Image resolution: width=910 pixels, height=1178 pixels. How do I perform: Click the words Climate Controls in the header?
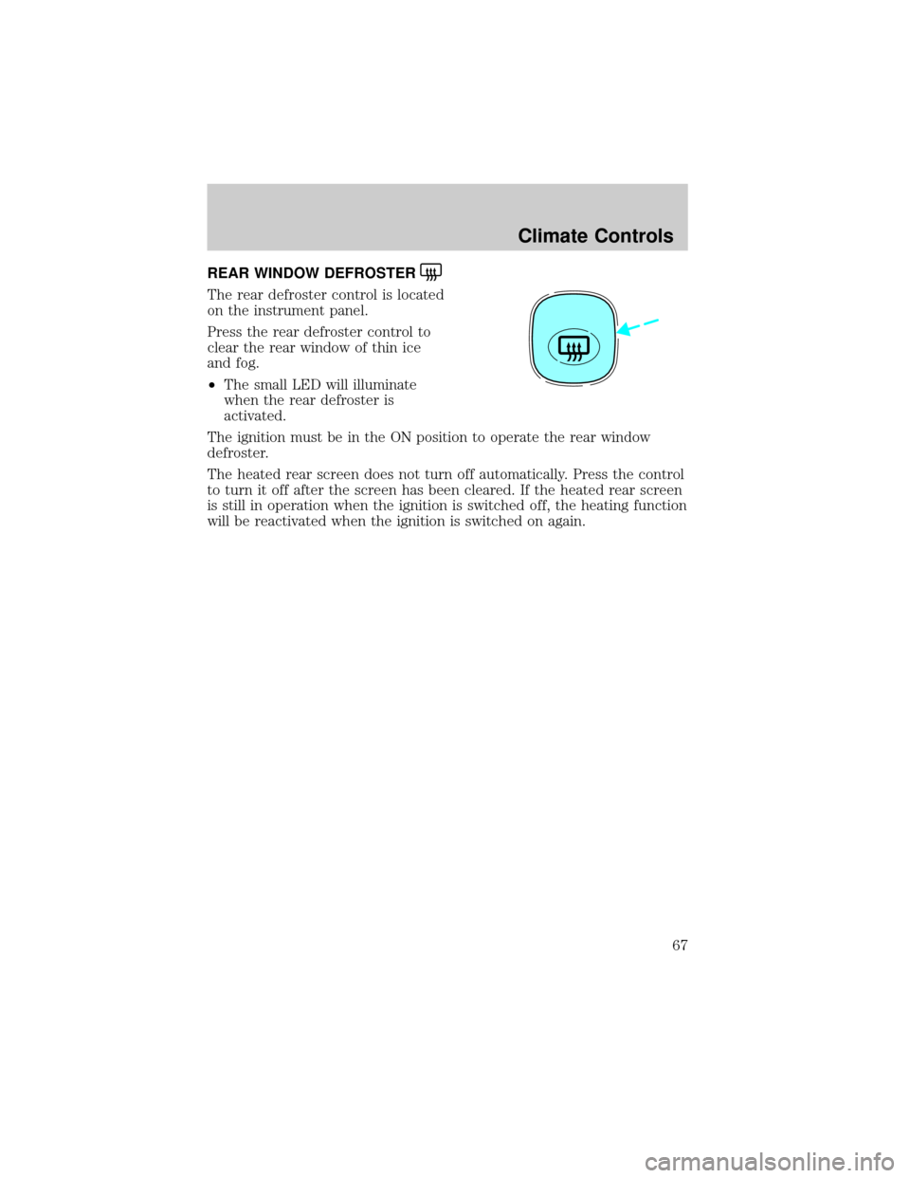595,236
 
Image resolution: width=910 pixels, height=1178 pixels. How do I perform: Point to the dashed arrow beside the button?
638,327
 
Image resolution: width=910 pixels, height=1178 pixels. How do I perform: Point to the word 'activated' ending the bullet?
255,416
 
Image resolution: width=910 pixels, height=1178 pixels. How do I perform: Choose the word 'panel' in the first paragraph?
319,312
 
